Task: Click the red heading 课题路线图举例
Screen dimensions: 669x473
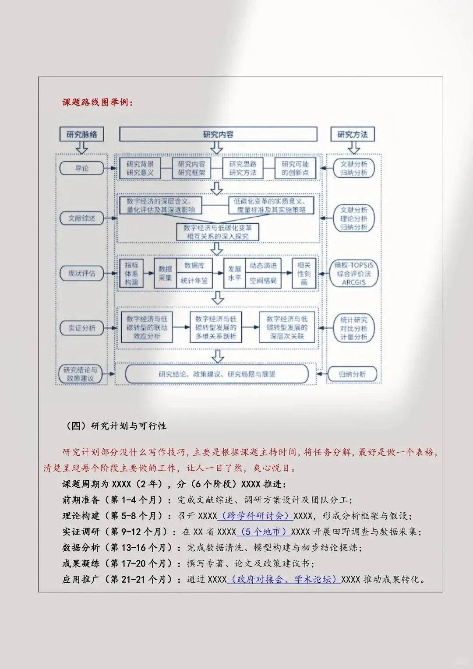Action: tap(97, 102)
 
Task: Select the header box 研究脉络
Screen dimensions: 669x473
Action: tap(82, 134)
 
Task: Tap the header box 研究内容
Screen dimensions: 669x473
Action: tap(218, 134)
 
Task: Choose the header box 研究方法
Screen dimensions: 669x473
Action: tap(353, 134)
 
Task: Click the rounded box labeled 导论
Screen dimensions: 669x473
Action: tap(82, 168)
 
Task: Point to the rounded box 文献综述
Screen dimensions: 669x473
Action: tap(82, 218)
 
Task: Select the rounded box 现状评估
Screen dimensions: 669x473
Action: tap(82, 273)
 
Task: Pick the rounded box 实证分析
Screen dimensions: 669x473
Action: tap(82, 328)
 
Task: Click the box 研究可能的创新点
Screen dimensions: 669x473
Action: tap(295, 169)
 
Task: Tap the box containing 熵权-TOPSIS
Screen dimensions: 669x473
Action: tap(354, 274)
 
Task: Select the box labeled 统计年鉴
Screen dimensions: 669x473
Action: tap(194, 281)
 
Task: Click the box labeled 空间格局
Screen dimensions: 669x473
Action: tap(263, 281)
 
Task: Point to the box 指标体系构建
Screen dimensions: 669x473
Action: tap(131, 274)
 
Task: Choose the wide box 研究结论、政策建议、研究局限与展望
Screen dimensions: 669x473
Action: tap(217, 374)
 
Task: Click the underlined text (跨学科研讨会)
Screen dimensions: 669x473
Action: tap(255, 516)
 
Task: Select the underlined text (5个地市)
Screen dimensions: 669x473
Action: tap(264, 532)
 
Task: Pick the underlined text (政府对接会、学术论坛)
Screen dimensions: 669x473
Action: tap(284, 579)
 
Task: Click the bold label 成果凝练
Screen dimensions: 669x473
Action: tap(81, 563)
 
